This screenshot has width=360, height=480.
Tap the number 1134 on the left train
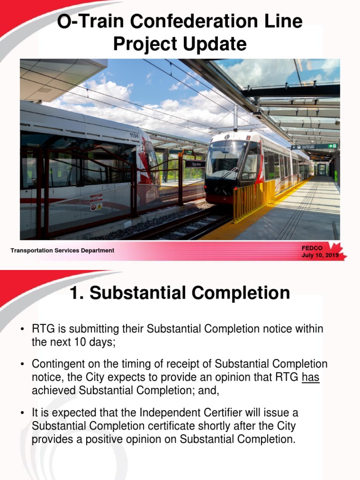point(134,135)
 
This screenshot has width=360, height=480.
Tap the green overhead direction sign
point(314,147)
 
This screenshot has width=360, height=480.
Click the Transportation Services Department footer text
point(62,251)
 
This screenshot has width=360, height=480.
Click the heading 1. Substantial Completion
point(180,293)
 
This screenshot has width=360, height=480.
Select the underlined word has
point(311,377)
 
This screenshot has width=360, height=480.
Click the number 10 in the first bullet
point(78,342)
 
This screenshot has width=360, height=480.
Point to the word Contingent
point(55,364)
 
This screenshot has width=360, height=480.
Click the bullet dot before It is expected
point(22,413)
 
